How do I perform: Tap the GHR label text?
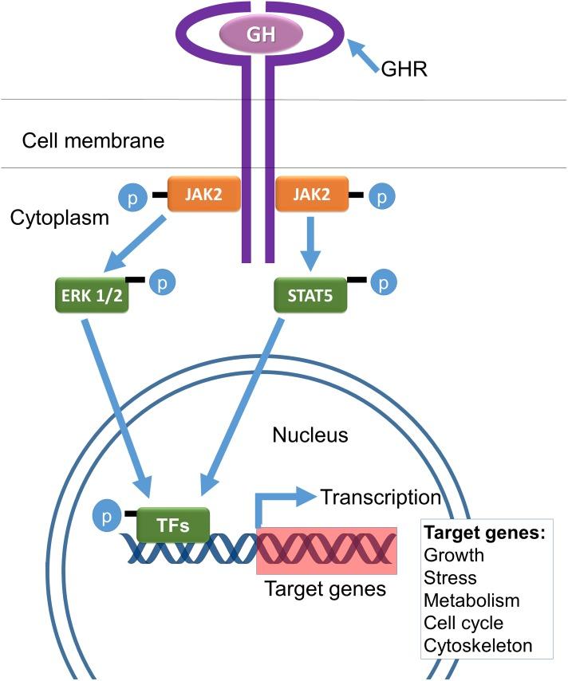click(x=404, y=69)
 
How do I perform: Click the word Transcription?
click(x=381, y=498)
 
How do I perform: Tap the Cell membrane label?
click(x=93, y=141)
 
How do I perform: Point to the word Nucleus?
click(x=310, y=435)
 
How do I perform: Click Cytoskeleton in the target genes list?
click(x=478, y=645)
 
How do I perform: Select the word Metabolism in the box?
click(x=471, y=600)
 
